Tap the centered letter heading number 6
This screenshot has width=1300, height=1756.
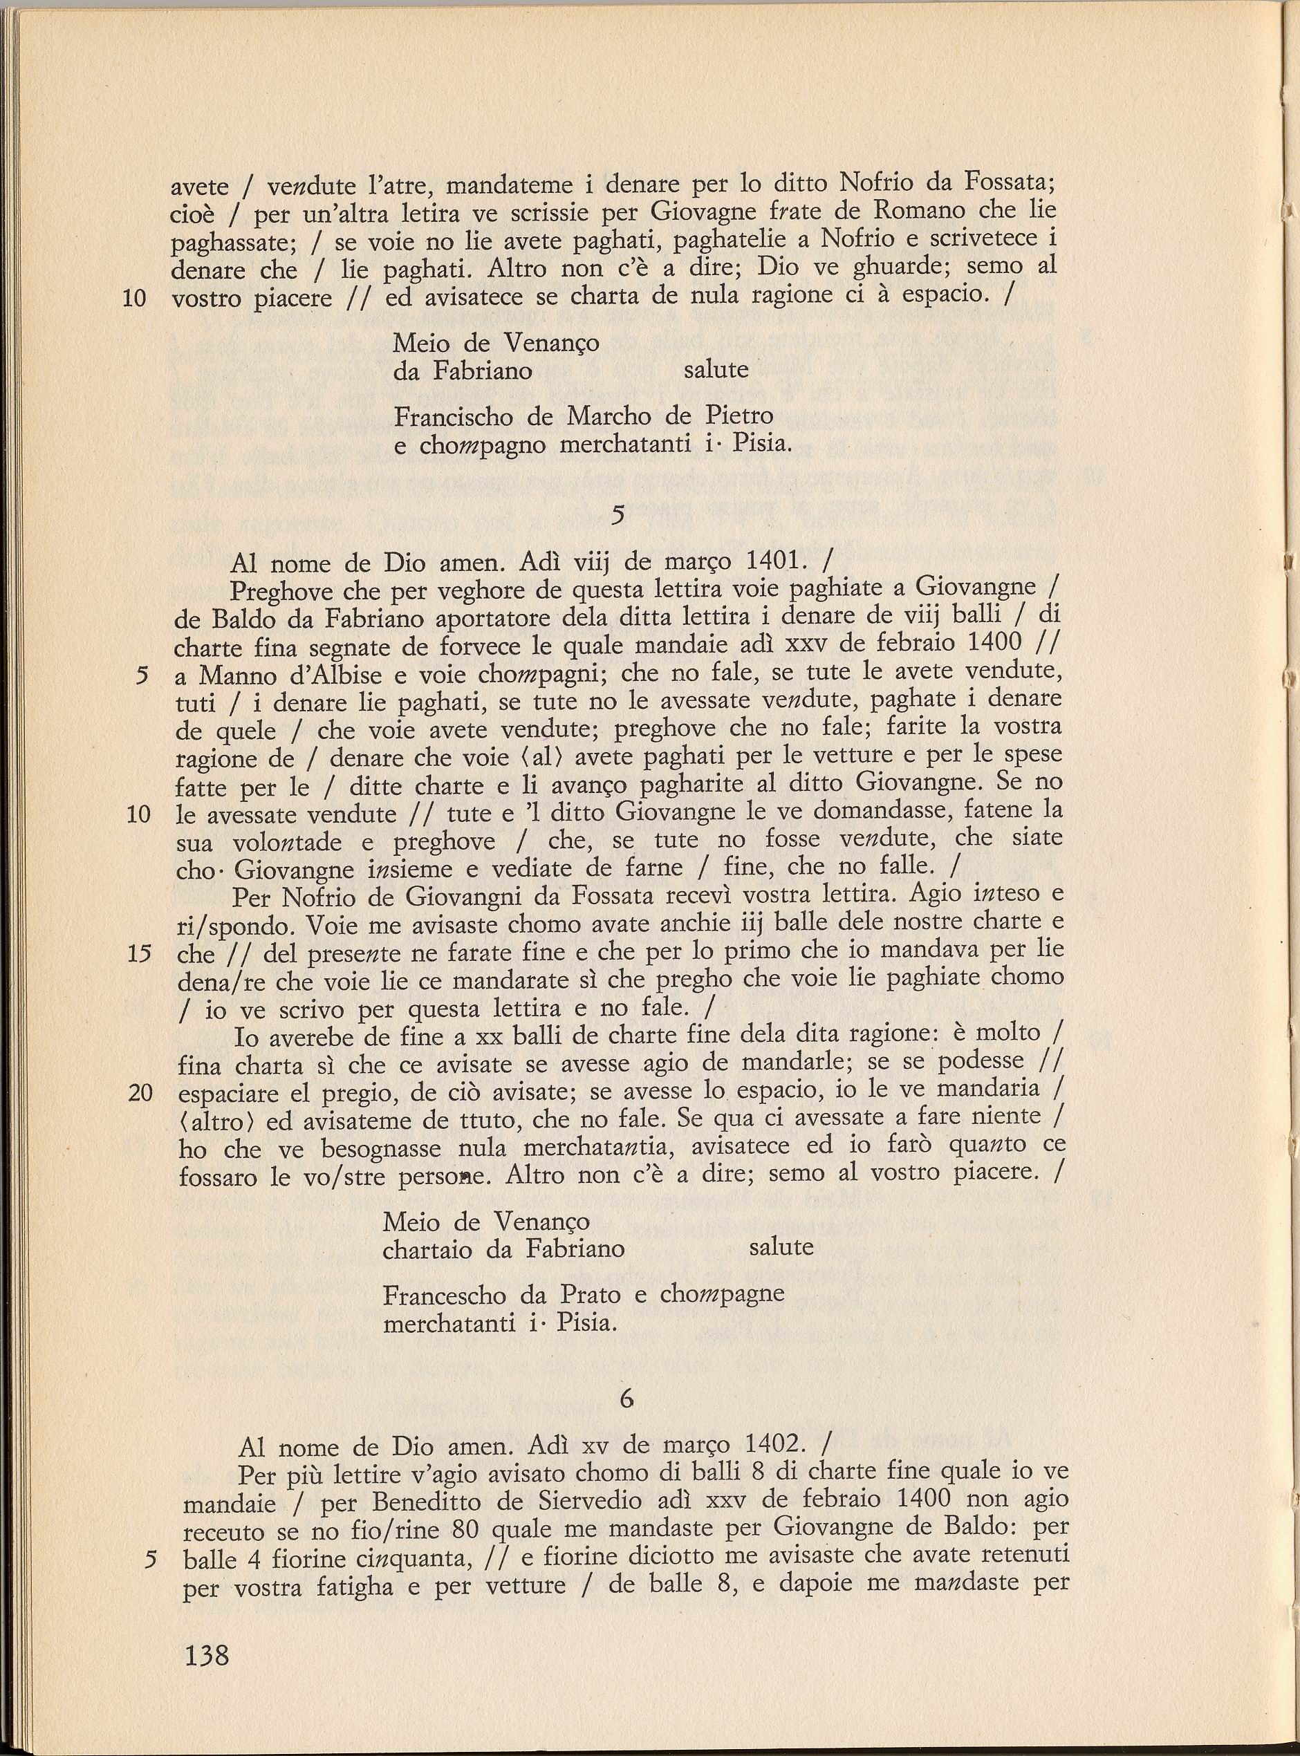pyautogui.click(x=626, y=1398)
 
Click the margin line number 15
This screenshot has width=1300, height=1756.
pyautogui.click(x=138, y=953)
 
